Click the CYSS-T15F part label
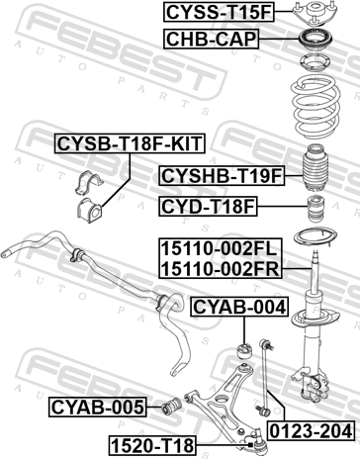(x=219, y=12)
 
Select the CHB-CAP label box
(x=211, y=39)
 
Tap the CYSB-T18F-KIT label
(x=130, y=143)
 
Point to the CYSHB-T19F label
(x=222, y=176)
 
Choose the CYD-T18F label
(x=208, y=207)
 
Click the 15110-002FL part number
(x=219, y=249)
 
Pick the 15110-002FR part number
(x=221, y=269)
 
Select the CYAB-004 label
(x=239, y=307)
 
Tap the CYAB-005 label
(x=98, y=408)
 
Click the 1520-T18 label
(x=152, y=445)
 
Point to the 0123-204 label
(x=312, y=431)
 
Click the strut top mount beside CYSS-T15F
(x=315, y=14)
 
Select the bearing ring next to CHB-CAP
(x=315, y=41)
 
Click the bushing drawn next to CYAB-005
(x=171, y=408)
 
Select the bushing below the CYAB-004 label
(x=244, y=352)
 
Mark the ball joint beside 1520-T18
(x=259, y=441)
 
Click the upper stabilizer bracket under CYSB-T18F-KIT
(x=89, y=182)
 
